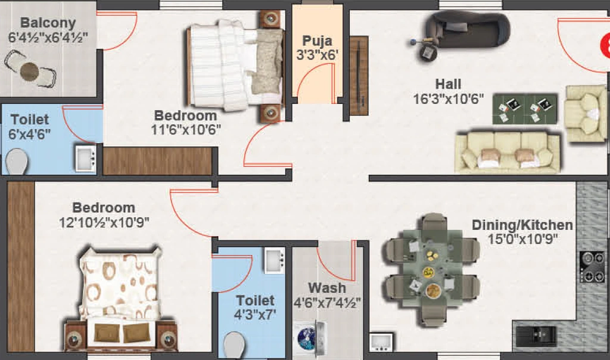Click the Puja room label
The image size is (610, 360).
tap(317, 41)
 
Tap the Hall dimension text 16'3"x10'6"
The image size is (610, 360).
tap(448, 99)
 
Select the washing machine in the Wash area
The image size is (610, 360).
tap(309, 338)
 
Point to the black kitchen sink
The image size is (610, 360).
tap(536, 336)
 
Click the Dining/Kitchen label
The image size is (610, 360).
tap(522, 225)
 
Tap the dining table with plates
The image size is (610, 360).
tap(431, 269)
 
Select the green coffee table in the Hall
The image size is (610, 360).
tap(524, 108)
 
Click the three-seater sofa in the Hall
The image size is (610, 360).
tap(508, 152)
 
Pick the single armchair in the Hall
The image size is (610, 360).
tap(586, 113)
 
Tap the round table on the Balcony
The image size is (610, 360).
tap(30, 71)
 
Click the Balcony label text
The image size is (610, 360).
tap(48, 23)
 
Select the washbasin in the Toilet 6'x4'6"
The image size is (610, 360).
tap(85, 158)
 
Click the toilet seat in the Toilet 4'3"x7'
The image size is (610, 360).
tap(234, 345)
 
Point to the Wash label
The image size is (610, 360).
tap(327, 288)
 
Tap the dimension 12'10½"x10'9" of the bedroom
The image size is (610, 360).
tap(104, 223)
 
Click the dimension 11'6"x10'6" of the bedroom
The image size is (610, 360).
tap(186, 129)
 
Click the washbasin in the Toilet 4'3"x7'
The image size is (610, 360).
tap(275, 260)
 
